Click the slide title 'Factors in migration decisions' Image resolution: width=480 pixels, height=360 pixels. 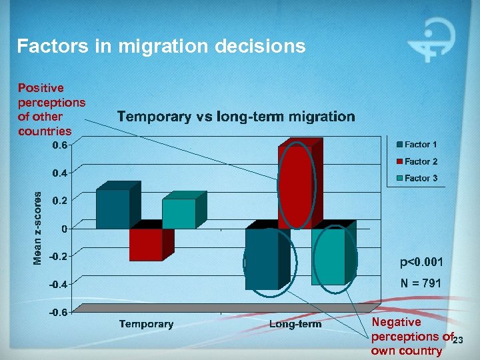click(161, 46)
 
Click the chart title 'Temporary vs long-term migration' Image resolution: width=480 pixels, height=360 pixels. click(236, 117)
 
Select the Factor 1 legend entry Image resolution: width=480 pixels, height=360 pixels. click(417, 144)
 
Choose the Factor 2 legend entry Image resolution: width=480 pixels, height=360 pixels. click(417, 161)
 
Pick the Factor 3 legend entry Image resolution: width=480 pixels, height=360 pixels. click(417, 178)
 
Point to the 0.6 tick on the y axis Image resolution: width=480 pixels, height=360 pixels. click(60, 145)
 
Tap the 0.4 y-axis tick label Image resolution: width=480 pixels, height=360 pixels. click(60, 173)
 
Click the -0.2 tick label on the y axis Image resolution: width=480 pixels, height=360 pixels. click(59, 256)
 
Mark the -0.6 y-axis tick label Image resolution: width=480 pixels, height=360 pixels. click(59, 312)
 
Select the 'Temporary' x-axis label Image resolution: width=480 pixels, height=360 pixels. click(146, 324)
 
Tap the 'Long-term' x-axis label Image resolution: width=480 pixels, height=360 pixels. click(295, 324)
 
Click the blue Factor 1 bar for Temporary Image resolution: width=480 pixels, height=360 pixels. click(113, 209)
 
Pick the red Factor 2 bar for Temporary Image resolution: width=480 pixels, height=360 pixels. click(146, 244)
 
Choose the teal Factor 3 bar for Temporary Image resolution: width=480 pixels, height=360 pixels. click(179, 214)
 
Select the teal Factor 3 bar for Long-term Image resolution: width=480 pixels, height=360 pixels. click(328, 257)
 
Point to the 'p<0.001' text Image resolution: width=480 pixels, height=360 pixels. click(421, 262)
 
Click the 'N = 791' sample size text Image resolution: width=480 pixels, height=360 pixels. click(420, 284)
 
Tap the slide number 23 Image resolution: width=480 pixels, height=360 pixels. click(457, 341)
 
